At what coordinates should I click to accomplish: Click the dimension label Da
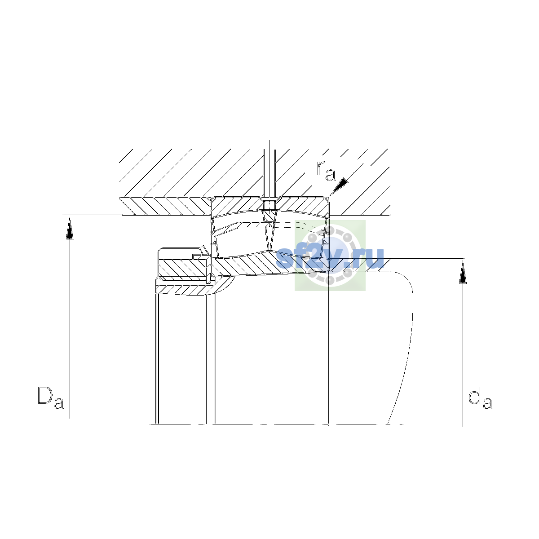[50, 398]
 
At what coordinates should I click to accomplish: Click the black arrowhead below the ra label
[340, 186]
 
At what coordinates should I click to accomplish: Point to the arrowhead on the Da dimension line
[70, 229]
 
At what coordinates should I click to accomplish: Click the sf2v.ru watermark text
[330, 258]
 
